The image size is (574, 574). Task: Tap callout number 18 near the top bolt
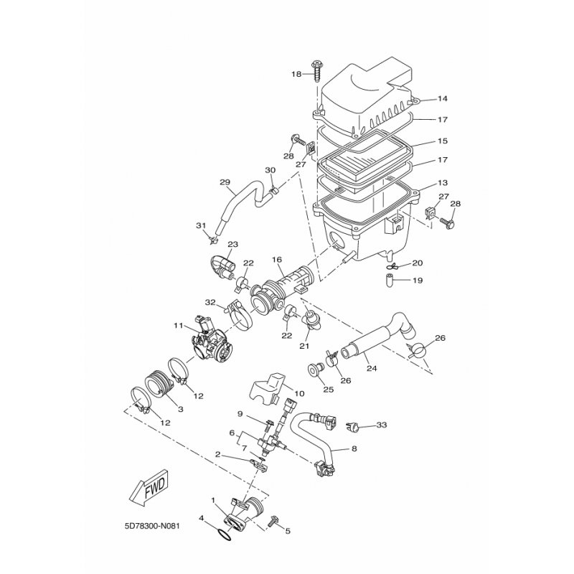point(296,74)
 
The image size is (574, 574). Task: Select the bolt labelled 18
point(316,70)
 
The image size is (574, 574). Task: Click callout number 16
point(277,259)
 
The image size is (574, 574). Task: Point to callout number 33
point(381,425)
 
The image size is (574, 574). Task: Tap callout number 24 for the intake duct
point(372,368)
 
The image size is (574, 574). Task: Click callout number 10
point(299,394)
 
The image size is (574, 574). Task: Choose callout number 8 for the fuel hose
point(353,448)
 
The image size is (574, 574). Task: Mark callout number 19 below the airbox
point(418,280)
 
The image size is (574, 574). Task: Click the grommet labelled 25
point(314,370)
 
